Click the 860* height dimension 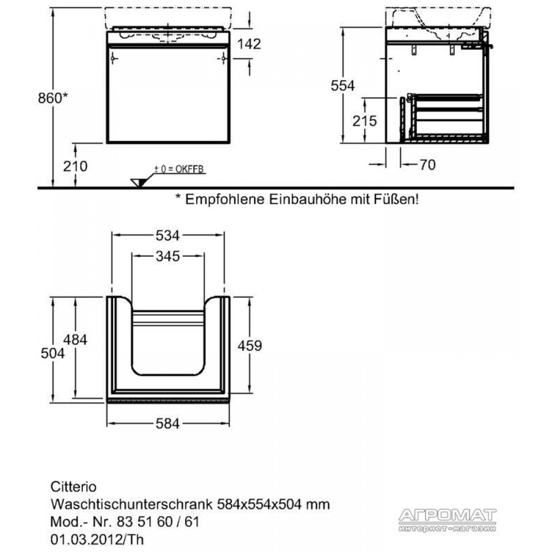click(53, 98)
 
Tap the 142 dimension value click(249, 44)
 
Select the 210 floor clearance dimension click(75, 166)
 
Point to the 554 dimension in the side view click(343, 86)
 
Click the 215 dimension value click(365, 121)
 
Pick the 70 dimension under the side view click(428, 164)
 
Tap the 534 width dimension click(168, 236)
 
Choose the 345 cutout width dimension click(168, 256)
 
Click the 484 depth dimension click(75, 339)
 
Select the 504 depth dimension click(53, 353)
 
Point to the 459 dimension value click(250, 346)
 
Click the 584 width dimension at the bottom click(168, 423)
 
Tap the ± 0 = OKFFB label click(179, 169)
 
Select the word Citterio click(73, 487)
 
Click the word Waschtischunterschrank click(132, 505)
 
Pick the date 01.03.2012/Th click(97, 539)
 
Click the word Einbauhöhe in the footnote click(307, 200)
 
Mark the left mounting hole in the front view click(113, 58)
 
